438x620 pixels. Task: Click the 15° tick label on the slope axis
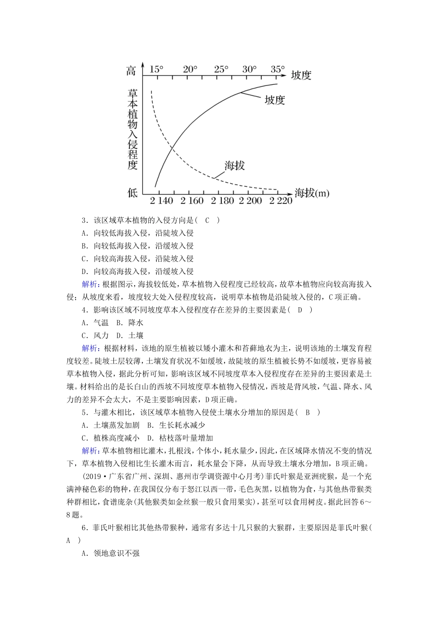157,69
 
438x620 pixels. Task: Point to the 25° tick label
221,69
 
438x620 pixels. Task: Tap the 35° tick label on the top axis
278,69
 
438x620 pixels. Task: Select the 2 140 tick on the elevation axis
161,201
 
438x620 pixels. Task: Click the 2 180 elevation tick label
223,201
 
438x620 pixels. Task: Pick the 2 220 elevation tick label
281,201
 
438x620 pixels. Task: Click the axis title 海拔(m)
312,193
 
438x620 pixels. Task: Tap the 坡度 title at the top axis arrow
301,75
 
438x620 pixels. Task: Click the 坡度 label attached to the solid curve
275,100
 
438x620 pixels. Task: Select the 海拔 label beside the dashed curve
234,166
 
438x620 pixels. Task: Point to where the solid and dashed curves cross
172,148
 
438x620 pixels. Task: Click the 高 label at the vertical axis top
131,71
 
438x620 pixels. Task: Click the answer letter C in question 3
207,220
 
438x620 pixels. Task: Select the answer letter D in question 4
300,310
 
